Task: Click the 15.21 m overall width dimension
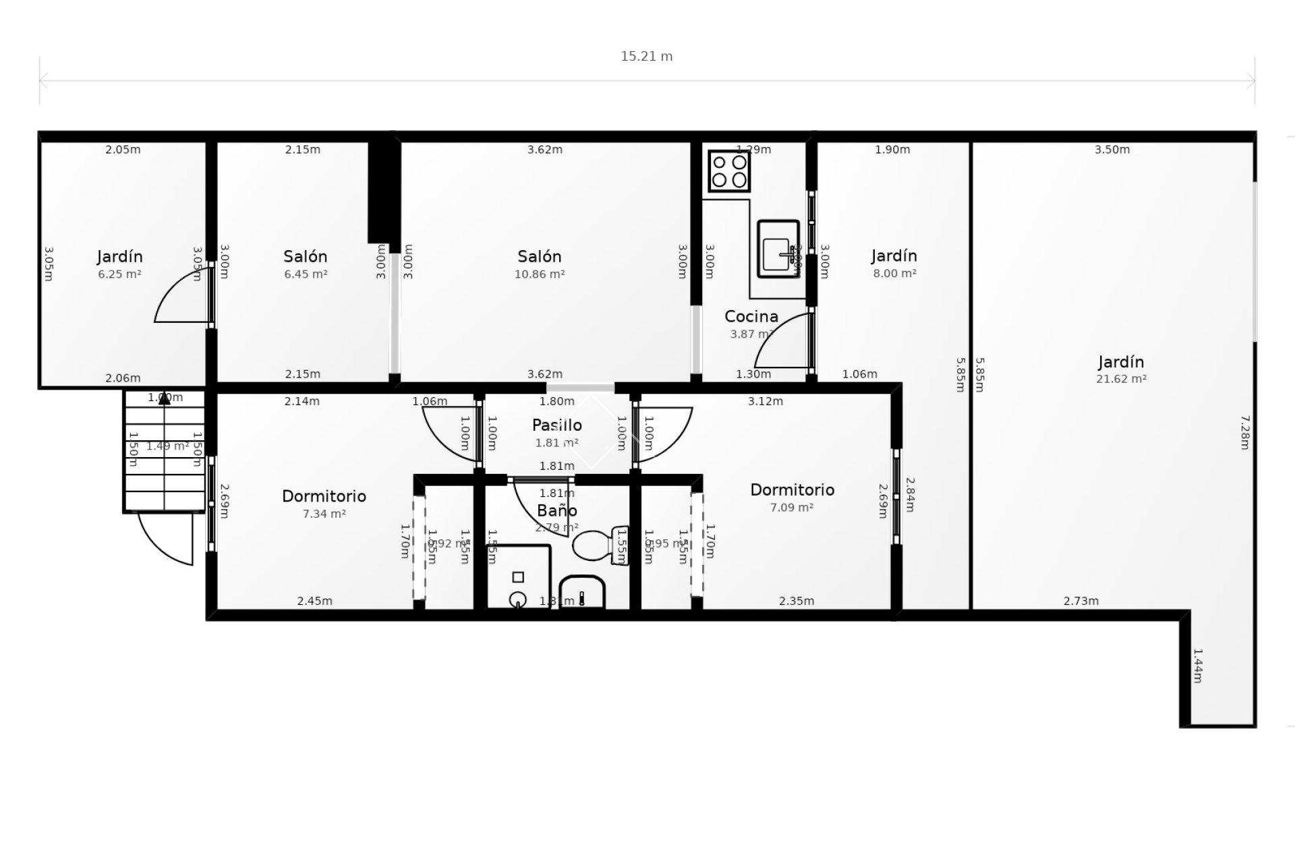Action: point(646,57)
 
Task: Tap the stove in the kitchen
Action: point(729,171)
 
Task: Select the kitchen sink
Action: point(778,248)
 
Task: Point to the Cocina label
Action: point(751,316)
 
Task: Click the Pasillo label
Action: point(556,425)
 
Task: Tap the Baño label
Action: point(556,510)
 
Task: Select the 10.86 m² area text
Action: point(540,274)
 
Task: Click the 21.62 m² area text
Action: point(1121,379)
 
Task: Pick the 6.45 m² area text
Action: point(306,274)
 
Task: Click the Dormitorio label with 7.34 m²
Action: point(324,496)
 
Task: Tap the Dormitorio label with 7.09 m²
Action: point(792,490)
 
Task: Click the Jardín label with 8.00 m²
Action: point(894,256)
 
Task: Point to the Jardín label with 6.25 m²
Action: point(119,257)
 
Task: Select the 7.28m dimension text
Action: point(1245,432)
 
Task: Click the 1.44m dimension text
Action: point(1197,665)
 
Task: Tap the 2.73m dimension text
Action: point(1081,601)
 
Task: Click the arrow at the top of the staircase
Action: point(164,399)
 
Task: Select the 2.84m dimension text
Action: point(910,495)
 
